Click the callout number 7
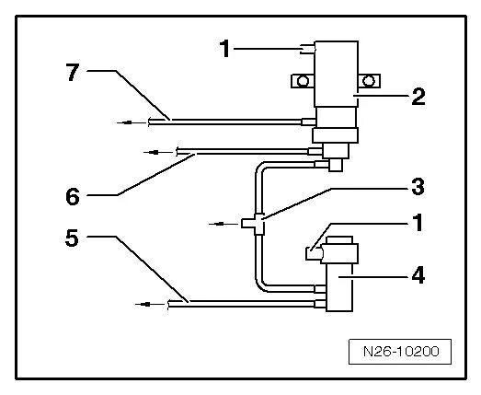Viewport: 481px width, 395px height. [73, 73]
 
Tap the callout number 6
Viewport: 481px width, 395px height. [73, 196]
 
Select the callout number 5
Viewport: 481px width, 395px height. [72, 238]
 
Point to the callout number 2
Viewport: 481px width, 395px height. [418, 97]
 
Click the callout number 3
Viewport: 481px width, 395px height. [418, 187]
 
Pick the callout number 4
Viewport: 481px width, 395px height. [418, 275]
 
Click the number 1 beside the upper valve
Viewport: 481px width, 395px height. [225, 49]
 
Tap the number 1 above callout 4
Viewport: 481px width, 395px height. [418, 223]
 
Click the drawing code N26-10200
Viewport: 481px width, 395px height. [401, 352]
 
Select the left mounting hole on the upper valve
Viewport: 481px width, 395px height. [303, 81]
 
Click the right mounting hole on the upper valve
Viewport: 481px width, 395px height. [369, 81]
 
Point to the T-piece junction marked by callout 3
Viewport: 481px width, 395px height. [254, 224]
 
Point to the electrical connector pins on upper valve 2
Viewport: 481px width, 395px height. [308, 49]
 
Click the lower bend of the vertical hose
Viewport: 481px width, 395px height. [260, 286]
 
